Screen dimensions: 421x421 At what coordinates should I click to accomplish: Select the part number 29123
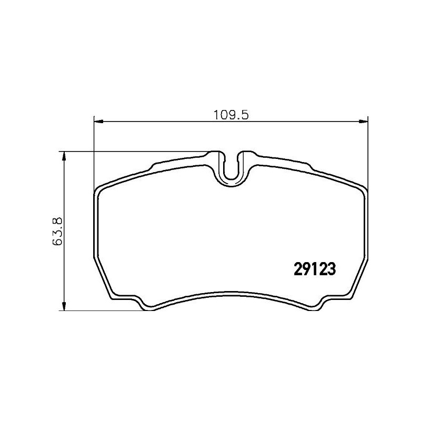[314, 269]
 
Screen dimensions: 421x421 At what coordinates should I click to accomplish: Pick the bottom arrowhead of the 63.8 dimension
[64, 306]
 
